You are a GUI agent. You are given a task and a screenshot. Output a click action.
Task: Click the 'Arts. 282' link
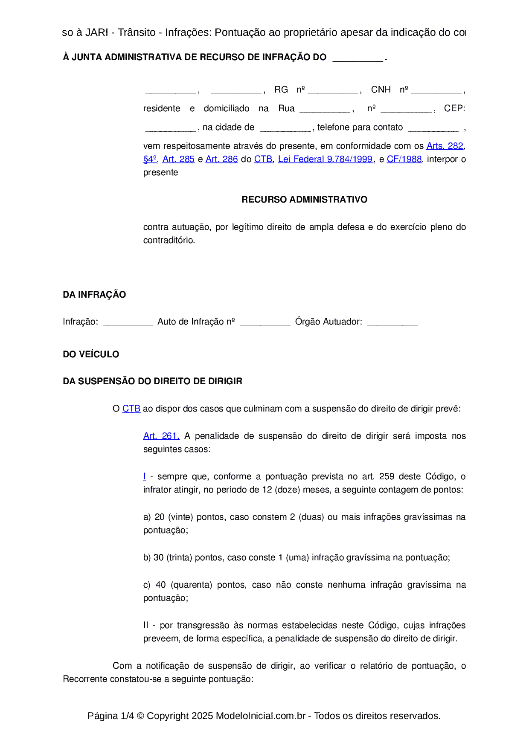coord(445,146)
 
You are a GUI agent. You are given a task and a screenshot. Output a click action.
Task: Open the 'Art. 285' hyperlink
coord(178,159)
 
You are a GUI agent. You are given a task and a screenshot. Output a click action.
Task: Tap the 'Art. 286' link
coord(221,159)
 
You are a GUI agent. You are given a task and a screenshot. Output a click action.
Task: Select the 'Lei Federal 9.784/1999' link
coord(325,159)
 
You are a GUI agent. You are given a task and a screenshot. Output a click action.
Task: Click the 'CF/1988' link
coord(404,159)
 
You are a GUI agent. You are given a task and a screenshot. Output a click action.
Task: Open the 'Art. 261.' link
coord(161,436)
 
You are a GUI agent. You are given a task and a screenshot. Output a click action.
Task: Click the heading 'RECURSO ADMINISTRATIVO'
coord(304,200)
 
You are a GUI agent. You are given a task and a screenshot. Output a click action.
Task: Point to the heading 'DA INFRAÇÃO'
coord(94,295)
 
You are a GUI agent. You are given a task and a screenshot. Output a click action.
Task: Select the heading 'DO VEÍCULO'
coord(91,354)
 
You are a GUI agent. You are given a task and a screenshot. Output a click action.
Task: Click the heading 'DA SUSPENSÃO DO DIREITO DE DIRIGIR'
coord(152,381)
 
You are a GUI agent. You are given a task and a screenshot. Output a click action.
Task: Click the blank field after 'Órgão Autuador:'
coord(392,322)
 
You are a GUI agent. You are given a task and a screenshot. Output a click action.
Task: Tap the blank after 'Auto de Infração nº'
coord(265,322)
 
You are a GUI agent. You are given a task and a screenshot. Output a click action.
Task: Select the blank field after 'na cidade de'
coord(285,128)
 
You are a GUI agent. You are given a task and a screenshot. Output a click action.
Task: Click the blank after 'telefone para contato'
coord(433,128)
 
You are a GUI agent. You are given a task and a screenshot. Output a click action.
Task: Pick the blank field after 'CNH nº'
coord(436,90)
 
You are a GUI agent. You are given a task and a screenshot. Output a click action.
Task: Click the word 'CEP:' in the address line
coord(454,108)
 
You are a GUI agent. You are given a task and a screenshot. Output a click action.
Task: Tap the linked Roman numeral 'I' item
coord(145,476)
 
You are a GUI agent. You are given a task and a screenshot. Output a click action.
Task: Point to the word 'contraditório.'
coord(169,240)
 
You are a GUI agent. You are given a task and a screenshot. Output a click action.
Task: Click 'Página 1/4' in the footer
coord(110,716)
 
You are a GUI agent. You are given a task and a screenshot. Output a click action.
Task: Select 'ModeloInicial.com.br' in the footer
coord(260,716)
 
